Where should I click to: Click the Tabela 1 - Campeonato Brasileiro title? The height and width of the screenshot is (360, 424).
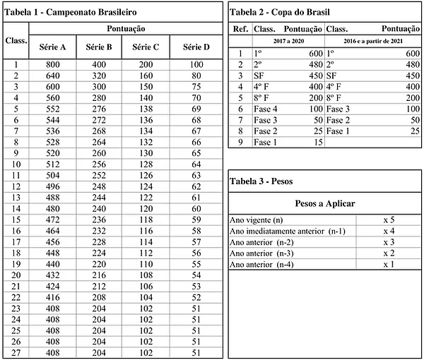[x=71, y=13]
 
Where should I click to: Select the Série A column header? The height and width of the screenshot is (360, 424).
[x=52, y=47]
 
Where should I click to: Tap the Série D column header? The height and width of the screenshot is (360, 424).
[x=196, y=47]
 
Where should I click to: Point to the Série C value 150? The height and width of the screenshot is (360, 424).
[x=148, y=87]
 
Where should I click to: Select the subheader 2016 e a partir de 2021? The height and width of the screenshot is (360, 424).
[x=374, y=41]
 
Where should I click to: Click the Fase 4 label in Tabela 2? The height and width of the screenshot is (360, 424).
[x=266, y=109]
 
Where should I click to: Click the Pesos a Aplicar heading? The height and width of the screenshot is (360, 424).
[x=323, y=203]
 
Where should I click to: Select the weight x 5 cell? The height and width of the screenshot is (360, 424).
[x=388, y=220]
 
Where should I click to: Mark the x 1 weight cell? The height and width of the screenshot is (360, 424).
[x=388, y=264]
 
